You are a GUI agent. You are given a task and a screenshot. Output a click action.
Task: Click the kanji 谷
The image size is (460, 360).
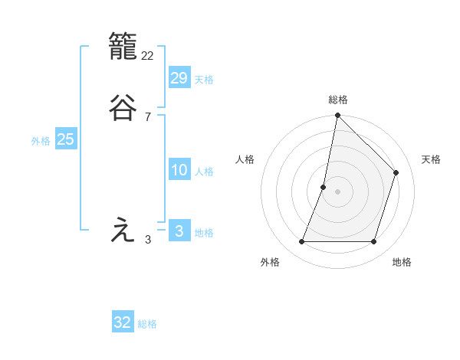coord(123,107)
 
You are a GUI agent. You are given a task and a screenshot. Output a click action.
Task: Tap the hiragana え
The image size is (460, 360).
coord(123,231)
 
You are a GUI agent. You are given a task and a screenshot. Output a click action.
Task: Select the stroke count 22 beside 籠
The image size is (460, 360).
coord(148,56)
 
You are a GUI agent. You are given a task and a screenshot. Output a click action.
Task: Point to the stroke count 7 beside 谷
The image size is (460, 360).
coord(148,117)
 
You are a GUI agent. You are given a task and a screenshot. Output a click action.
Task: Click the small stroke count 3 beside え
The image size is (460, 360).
coord(148,240)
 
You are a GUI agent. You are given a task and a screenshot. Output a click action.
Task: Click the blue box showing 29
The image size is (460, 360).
coord(179,77)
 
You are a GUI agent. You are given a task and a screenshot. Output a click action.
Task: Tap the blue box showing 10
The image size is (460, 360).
coord(179,170)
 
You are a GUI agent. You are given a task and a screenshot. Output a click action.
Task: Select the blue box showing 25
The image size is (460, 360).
coord(65,139)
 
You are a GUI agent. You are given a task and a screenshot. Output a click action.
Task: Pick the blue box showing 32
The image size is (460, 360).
coord(123,322)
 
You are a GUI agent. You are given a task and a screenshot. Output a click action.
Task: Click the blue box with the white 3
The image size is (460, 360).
coord(179,231)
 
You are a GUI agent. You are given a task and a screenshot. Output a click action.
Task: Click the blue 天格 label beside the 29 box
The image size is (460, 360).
coord(204,80)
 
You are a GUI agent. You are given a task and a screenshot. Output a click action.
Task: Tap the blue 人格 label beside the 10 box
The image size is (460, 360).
coord(204,172)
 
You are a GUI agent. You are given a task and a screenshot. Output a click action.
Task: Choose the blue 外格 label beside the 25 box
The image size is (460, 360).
coord(41,141)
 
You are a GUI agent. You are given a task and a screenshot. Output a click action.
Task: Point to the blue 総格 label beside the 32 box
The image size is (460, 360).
coord(147,324)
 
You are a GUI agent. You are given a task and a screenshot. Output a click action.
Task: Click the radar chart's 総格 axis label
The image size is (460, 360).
coord(337,100)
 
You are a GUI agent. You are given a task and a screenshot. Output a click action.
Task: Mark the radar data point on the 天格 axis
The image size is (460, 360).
coord(396,172)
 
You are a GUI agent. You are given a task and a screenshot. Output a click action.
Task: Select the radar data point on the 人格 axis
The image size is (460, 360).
coord(324,187)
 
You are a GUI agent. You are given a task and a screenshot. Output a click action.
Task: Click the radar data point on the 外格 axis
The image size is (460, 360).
coord(301,242)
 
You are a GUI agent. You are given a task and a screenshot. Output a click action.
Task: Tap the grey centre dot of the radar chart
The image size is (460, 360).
coord(337,191)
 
